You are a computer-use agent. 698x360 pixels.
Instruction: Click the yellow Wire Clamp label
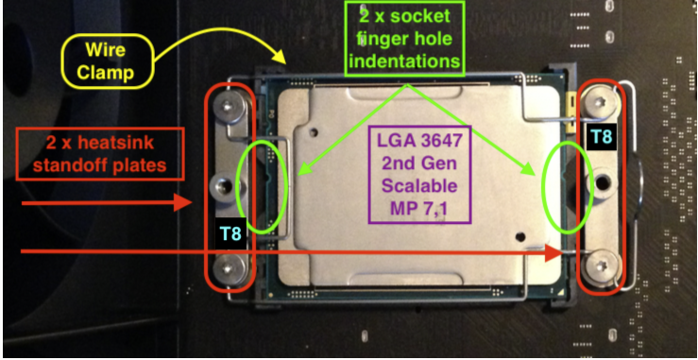(x=107, y=60)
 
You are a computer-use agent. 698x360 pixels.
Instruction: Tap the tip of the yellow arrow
(x=285, y=62)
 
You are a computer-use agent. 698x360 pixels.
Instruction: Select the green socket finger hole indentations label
(x=404, y=39)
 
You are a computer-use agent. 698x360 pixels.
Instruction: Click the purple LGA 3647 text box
(x=419, y=174)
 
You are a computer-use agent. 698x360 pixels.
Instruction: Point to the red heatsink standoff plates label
(x=100, y=154)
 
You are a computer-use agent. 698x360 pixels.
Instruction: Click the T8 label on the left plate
(x=230, y=231)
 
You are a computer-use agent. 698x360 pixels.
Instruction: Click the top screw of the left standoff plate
(x=229, y=106)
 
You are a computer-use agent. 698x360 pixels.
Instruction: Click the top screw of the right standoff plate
(x=601, y=102)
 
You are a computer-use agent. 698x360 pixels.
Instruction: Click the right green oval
(x=547, y=187)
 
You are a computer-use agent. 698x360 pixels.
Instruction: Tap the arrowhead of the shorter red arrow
(x=182, y=203)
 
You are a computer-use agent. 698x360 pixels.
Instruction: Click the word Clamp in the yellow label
(x=107, y=72)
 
